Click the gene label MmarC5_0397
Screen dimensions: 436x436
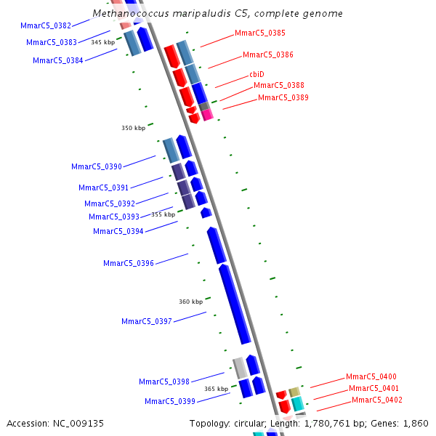[147, 321]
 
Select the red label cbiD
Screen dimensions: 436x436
[257, 74]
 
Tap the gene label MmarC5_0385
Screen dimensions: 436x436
[259, 33]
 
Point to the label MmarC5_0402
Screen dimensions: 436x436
[376, 400]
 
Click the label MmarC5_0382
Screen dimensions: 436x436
[46, 25]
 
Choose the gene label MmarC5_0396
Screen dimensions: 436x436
[129, 263]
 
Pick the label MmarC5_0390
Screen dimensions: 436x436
[97, 167]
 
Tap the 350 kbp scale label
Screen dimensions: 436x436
[133, 128]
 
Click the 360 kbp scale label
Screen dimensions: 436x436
[190, 302]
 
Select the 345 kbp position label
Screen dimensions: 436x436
[102, 42]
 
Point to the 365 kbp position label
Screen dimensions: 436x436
[216, 389]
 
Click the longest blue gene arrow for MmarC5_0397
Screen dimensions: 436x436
[235, 305]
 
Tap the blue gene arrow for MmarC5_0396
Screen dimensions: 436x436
[217, 245]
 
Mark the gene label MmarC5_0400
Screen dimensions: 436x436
[371, 376]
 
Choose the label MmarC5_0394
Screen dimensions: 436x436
[118, 231]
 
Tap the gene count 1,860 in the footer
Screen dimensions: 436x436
[416, 423]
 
